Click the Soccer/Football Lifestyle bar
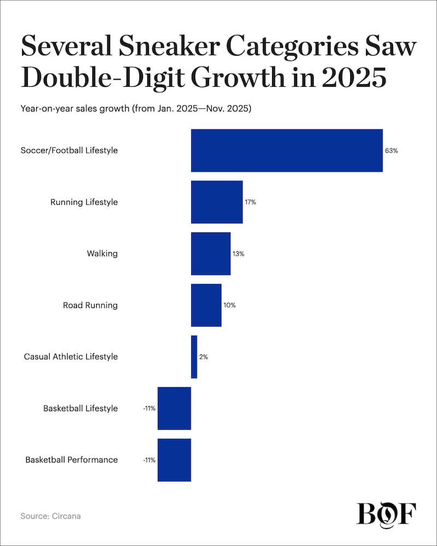tap(287, 151)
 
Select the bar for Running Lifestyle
tap(216, 202)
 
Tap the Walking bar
tap(210, 253)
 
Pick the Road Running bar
tap(206, 305)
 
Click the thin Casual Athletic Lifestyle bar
tap(194, 357)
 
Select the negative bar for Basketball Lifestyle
tap(174, 408)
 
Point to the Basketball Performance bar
tap(174, 460)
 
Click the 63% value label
tap(391, 151)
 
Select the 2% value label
tap(203, 357)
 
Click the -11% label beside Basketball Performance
tap(149, 460)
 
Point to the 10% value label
tap(229, 305)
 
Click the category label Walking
tap(102, 253)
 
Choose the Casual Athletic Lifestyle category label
tap(70, 357)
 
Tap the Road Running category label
tap(90, 305)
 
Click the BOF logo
tap(386, 514)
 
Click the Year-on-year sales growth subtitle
tap(135, 109)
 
